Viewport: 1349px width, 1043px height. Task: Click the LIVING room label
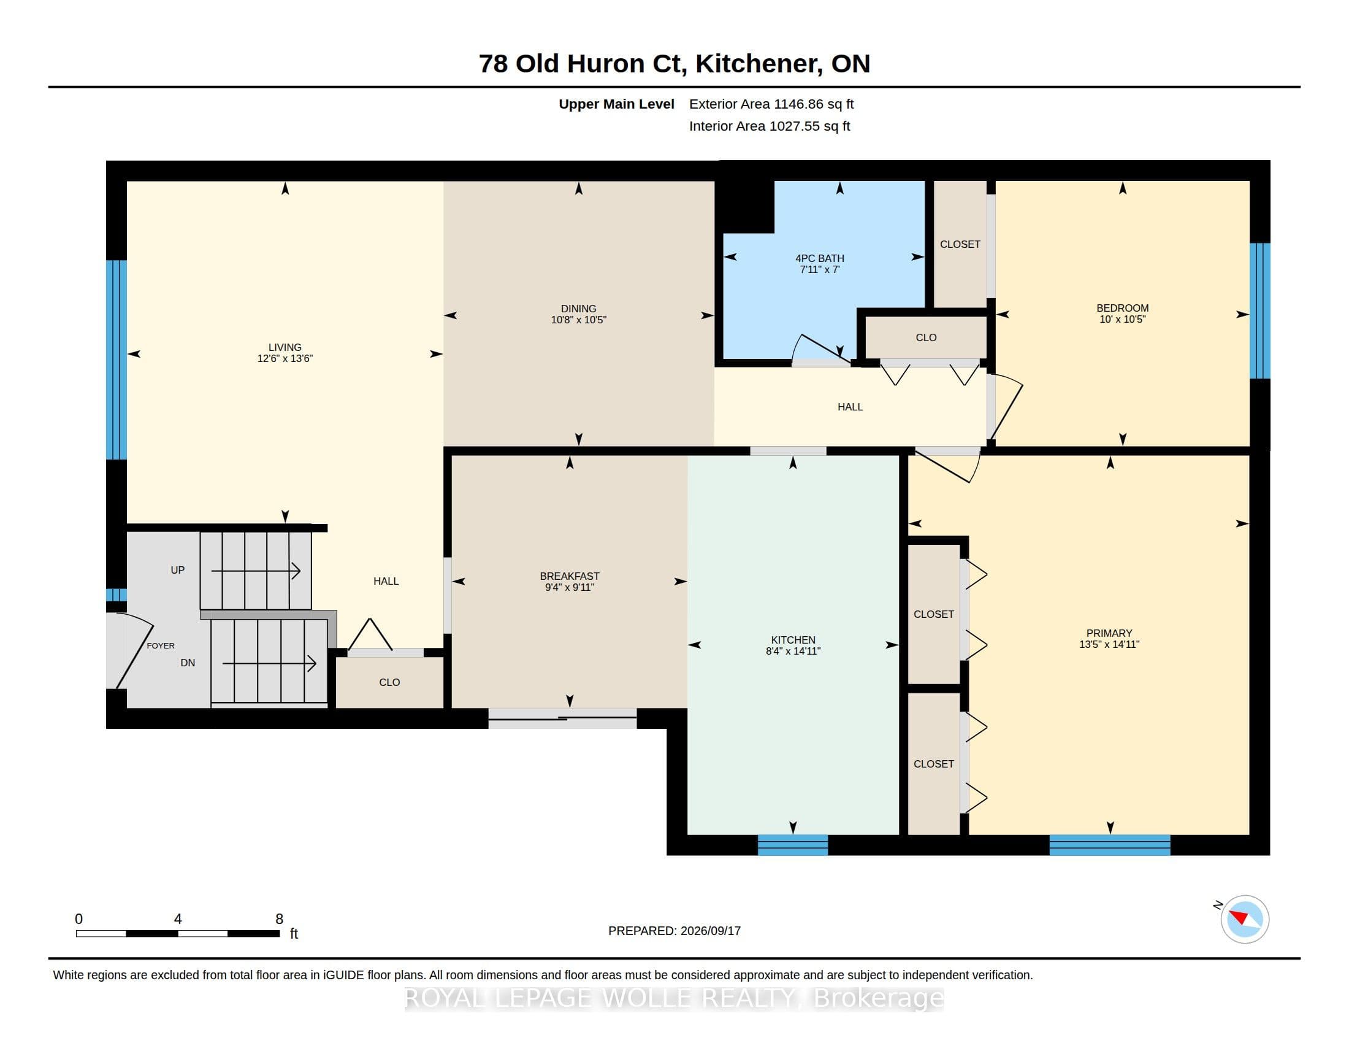tap(285, 347)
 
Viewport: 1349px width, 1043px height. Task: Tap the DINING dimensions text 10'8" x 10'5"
tap(579, 320)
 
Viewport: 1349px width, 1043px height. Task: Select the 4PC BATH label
tap(820, 258)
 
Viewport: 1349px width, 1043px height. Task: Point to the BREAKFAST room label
tap(570, 576)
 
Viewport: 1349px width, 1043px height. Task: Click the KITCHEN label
tap(793, 639)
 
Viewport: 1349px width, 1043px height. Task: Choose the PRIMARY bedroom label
tap(1109, 633)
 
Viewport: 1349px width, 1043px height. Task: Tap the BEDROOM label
tap(1122, 308)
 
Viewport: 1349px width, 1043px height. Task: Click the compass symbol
tap(1244, 919)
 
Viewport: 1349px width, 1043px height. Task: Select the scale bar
tap(178, 933)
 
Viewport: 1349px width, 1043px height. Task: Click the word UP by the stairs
tap(177, 570)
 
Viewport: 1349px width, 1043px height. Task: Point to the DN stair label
tap(188, 663)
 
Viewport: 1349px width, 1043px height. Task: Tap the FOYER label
tap(161, 645)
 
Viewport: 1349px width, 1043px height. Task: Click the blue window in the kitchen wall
tap(792, 845)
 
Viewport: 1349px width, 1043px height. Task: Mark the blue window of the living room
tap(116, 360)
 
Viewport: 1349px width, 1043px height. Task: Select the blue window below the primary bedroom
tap(1109, 845)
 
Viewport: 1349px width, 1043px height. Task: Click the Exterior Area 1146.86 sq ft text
tap(771, 104)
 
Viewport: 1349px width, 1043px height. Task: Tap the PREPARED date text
tap(674, 931)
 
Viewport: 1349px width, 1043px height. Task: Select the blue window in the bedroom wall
tap(1260, 311)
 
